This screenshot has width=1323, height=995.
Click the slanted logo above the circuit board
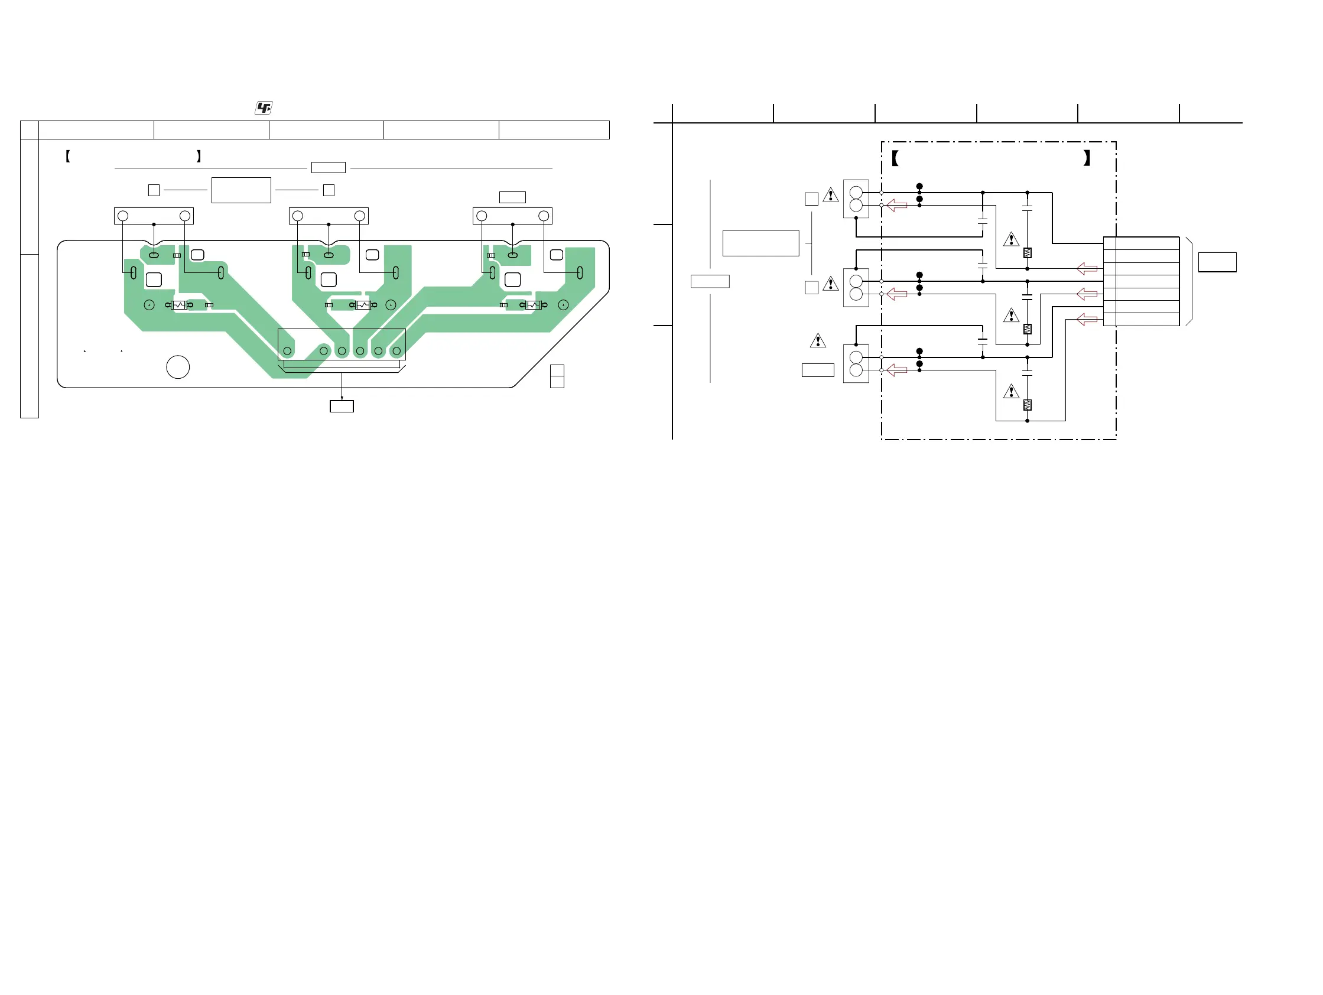(x=263, y=108)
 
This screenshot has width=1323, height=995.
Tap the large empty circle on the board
(x=178, y=366)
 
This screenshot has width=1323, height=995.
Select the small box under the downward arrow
(x=342, y=407)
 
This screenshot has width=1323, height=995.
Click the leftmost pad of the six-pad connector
(x=287, y=351)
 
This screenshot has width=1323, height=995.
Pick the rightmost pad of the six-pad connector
(x=396, y=351)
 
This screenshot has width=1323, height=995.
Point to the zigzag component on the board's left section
(x=179, y=305)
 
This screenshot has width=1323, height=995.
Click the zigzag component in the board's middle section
(x=363, y=305)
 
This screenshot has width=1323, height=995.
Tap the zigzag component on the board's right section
(x=533, y=305)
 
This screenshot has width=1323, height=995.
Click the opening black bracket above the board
(x=68, y=157)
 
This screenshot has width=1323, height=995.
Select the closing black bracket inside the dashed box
(x=1087, y=158)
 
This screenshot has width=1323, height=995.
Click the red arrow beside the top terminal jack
(x=896, y=205)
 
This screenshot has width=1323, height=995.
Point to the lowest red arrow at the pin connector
(x=1087, y=319)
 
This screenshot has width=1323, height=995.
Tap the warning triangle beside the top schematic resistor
(x=1011, y=239)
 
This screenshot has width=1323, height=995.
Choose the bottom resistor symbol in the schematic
(x=1027, y=405)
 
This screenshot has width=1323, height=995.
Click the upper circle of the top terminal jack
(x=856, y=193)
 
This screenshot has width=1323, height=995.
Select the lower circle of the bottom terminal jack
(x=856, y=370)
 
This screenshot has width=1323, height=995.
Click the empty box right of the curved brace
(x=1217, y=262)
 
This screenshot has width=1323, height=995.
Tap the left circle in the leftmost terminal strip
(x=123, y=216)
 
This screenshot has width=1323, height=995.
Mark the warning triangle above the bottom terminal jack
(x=818, y=341)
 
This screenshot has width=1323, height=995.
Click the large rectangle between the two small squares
(x=241, y=190)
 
